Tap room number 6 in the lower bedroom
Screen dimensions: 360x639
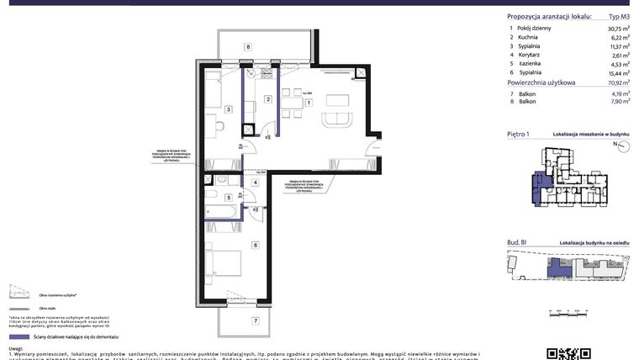[x=254, y=245]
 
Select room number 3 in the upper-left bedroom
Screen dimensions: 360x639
[x=228, y=109]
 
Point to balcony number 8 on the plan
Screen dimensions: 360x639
[x=248, y=47]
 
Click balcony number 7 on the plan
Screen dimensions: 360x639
[x=255, y=320]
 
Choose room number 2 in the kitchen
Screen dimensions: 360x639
[x=267, y=99]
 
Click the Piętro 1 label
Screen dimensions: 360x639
[x=520, y=134]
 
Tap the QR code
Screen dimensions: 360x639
[x=562, y=353]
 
